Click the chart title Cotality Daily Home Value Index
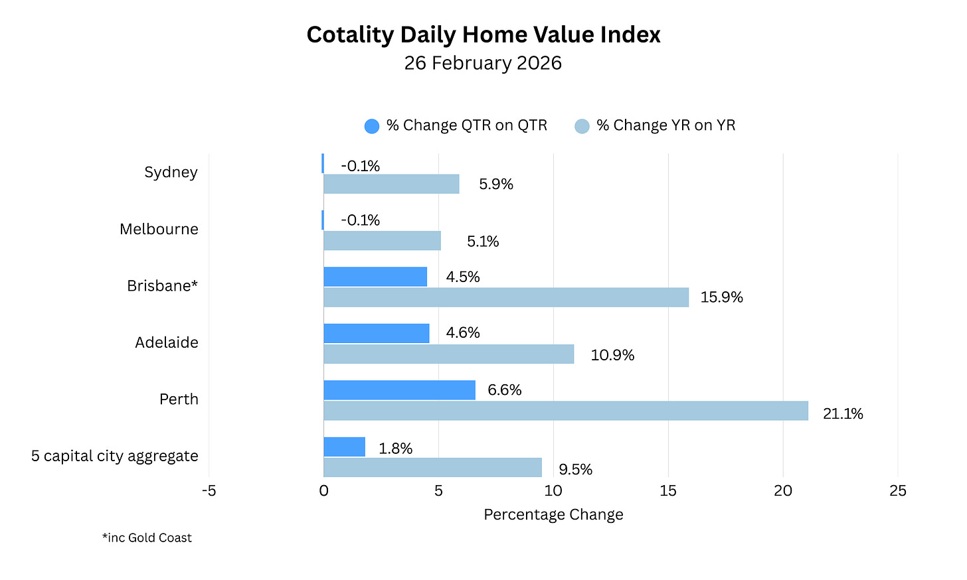[x=483, y=35]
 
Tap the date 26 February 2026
[x=483, y=63]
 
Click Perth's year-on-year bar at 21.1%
[x=566, y=411]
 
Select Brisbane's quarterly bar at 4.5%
[x=375, y=277]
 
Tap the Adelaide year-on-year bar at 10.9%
[x=449, y=354]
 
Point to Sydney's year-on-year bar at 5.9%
[x=391, y=184]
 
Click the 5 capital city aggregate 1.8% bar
[x=344, y=447]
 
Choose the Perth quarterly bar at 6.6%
[x=399, y=390]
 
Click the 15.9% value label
[x=721, y=297]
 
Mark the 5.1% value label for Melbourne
[x=482, y=242]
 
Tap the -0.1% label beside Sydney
[x=360, y=166]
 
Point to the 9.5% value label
[x=575, y=470]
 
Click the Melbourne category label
[x=159, y=229]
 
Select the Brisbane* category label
[x=162, y=286]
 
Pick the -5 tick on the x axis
[x=209, y=490]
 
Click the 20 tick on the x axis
[x=782, y=490]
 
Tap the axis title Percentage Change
[x=553, y=515]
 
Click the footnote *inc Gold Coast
[x=147, y=538]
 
